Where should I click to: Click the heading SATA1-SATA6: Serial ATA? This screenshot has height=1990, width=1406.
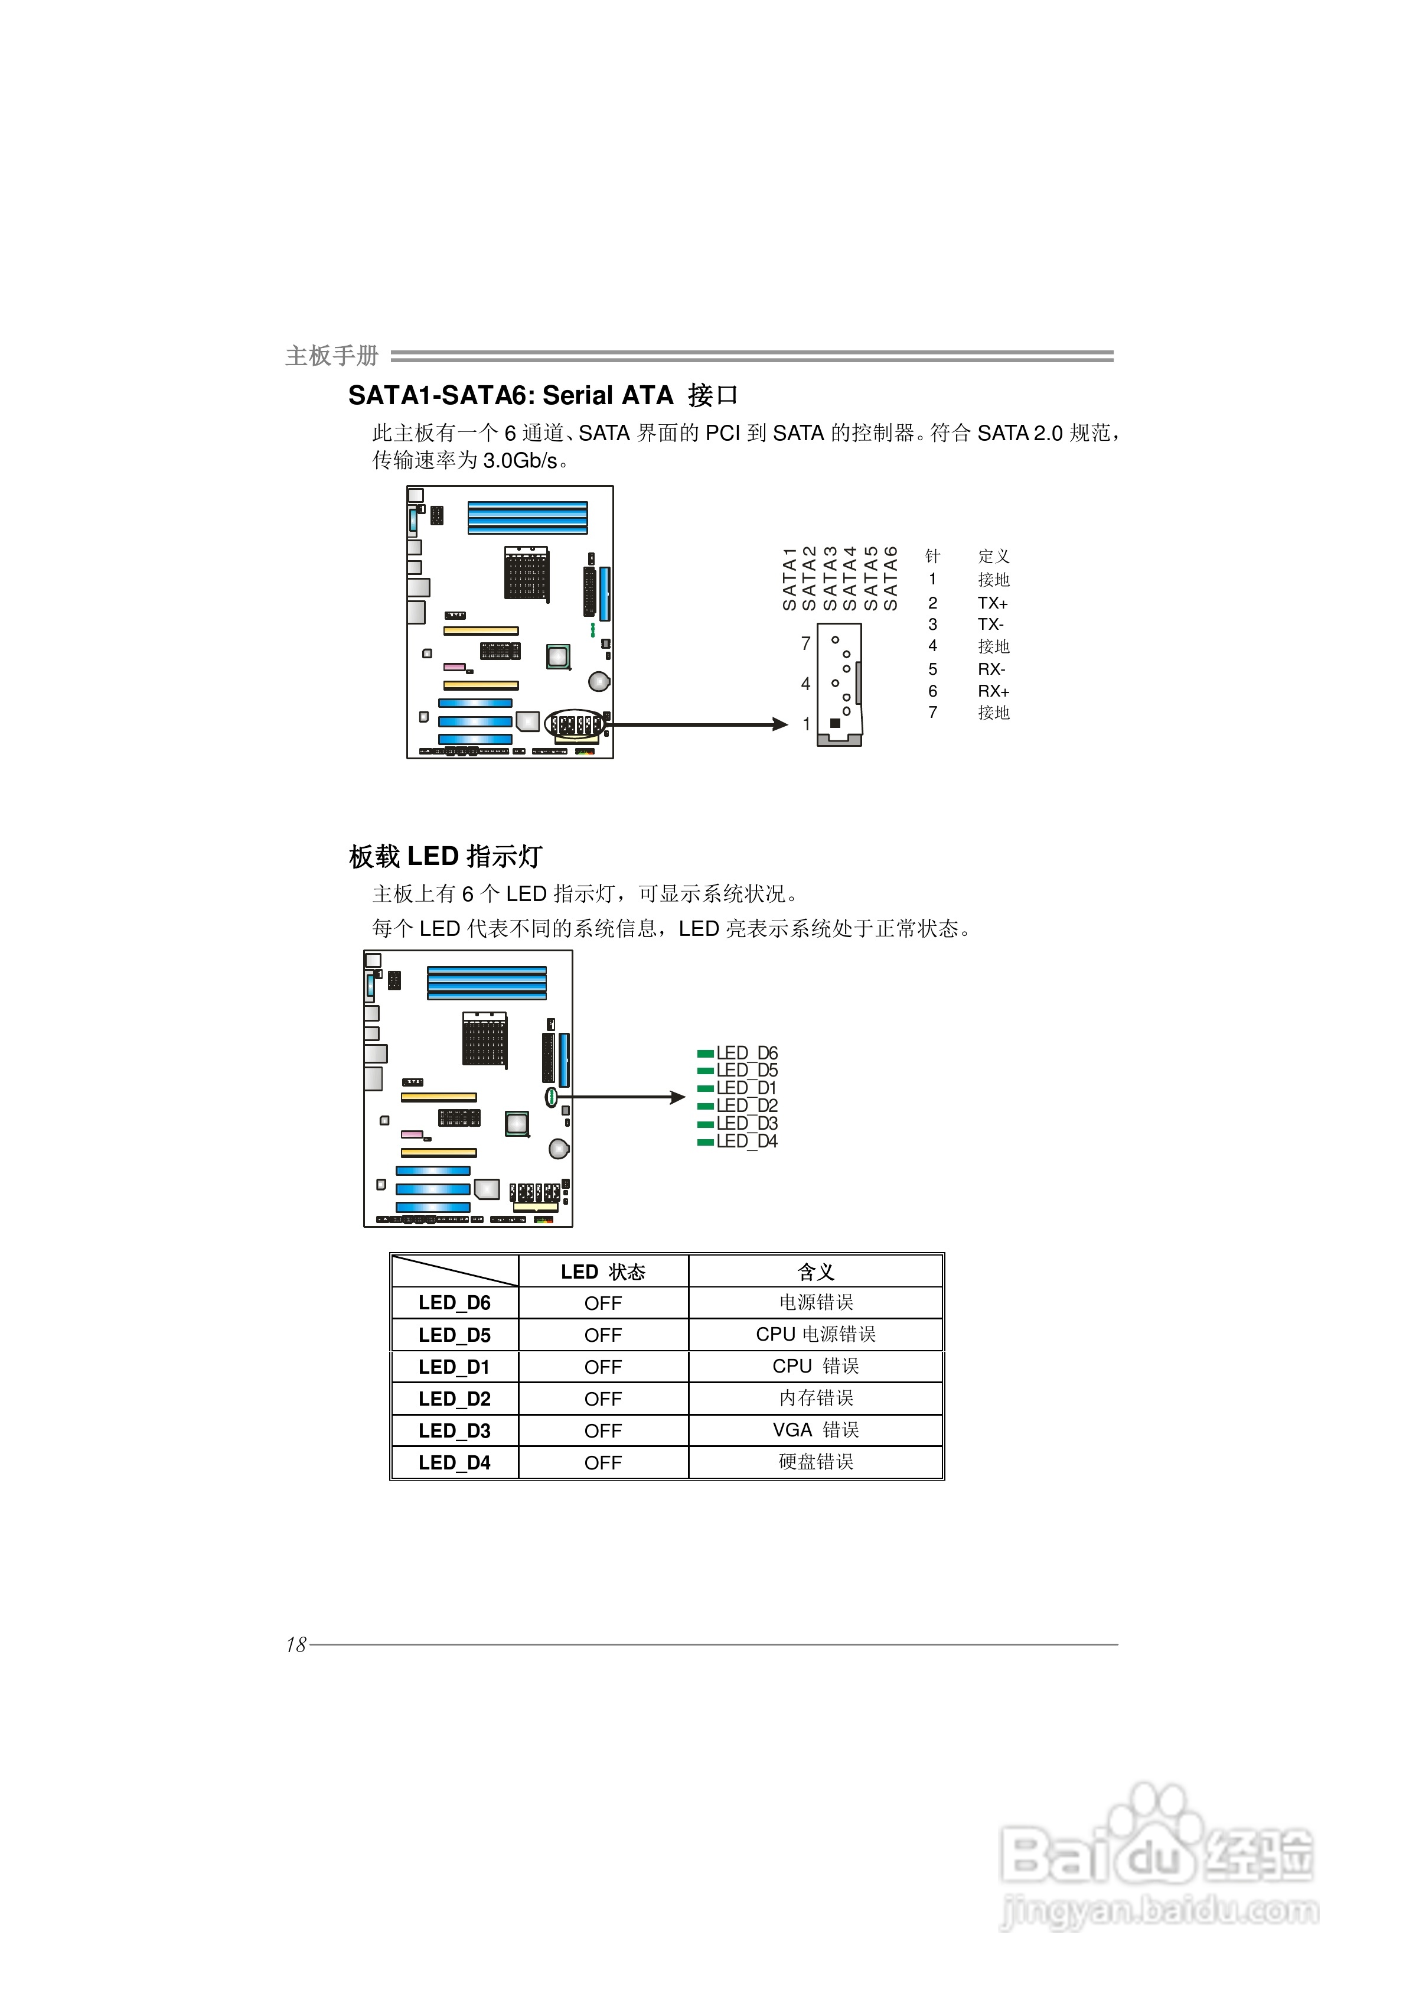tap(510, 396)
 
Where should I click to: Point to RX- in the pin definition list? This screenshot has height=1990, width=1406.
tap(992, 669)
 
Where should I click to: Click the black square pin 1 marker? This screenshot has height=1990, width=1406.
tap(835, 723)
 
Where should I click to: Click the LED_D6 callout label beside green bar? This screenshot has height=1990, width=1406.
tap(747, 1053)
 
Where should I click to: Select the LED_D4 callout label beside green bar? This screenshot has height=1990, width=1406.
tap(747, 1142)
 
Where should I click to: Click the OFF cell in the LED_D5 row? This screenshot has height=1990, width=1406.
tap(603, 1335)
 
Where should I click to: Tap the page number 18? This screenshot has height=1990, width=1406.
tap(296, 1644)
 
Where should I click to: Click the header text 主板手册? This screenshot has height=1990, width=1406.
tap(332, 355)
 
